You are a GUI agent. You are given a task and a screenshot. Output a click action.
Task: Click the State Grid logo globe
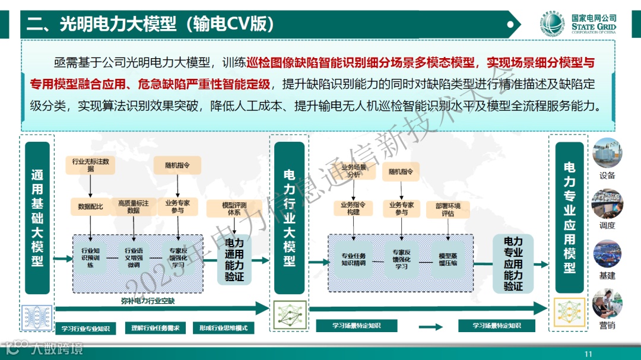(x=553, y=24)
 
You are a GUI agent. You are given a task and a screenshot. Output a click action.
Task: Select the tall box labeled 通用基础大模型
(x=37, y=218)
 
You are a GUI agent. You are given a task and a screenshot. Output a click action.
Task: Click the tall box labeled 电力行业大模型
(x=289, y=218)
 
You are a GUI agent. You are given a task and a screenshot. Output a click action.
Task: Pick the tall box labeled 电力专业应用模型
(x=569, y=218)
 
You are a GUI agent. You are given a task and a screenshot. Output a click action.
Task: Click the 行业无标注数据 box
(x=90, y=165)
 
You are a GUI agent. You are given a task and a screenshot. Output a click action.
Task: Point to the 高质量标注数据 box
(x=133, y=206)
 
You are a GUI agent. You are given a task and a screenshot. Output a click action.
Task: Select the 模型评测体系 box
(x=234, y=209)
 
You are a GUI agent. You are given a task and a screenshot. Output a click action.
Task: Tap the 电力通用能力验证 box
(x=234, y=260)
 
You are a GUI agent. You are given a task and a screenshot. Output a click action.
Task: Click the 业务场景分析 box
(x=354, y=171)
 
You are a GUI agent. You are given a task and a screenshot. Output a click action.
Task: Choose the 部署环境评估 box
(x=448, y=209)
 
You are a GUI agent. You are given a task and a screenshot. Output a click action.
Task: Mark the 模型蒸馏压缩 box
(x=448, y=259)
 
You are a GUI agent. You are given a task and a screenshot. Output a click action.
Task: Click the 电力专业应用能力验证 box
(x=513, y=263)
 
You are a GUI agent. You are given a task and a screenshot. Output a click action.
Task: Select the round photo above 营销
(x=607, y=303)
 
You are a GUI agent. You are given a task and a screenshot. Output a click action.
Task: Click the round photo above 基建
(x=607, y=253)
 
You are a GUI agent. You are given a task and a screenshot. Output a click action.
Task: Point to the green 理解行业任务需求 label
(x=156, y=328)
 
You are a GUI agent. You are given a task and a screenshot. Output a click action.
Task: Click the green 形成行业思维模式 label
(x=223, y=328)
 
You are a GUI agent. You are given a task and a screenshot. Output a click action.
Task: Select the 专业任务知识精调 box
(x=353, y=259)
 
